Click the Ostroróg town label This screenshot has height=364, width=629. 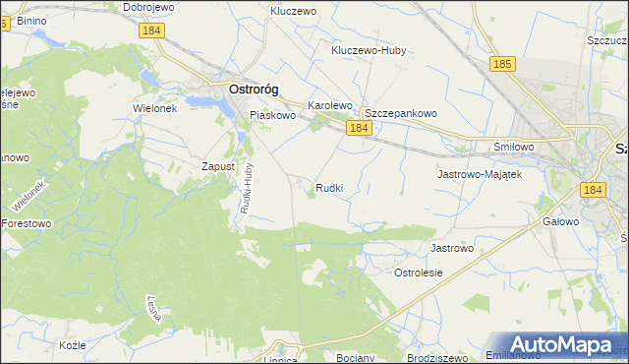click(x=253, y=89)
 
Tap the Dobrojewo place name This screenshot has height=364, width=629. click(x=147, y=7)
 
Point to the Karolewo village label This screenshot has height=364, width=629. click(x=330, y=104)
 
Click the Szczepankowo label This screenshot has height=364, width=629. click(x=401, y=113)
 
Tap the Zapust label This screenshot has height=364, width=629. click(x=218, y=166)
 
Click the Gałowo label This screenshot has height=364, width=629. click(x=560, y=221)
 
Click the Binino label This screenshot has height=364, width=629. click(x=31, y=20)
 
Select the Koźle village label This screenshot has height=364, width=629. click(x=73, y=345)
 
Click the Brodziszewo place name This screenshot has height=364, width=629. click(x=434, y=357)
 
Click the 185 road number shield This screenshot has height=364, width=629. click(x=501, y=64)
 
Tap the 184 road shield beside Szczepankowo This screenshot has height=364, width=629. click(x=358, y=129)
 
